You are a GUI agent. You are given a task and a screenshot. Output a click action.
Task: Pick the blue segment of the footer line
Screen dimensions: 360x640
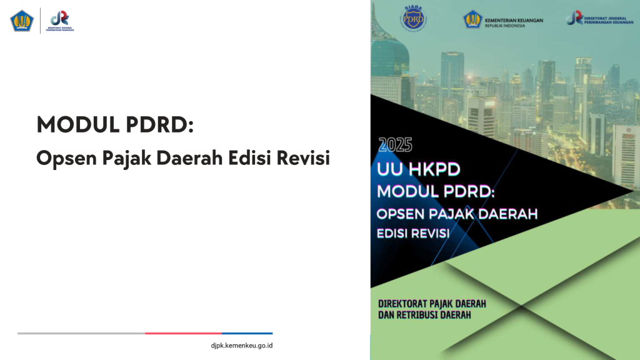click(247, 333)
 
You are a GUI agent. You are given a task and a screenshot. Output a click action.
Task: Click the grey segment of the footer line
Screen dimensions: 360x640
click(81, 333)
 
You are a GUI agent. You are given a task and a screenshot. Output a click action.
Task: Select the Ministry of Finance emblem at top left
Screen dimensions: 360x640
click(21, 21)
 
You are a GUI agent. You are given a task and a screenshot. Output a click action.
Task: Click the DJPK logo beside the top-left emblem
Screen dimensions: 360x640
click(61, 21)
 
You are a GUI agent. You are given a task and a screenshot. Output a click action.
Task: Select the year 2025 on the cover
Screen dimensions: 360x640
click(395, 146)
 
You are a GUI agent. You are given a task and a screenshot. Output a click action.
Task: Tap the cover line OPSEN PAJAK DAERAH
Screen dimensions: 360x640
click(457, 214)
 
